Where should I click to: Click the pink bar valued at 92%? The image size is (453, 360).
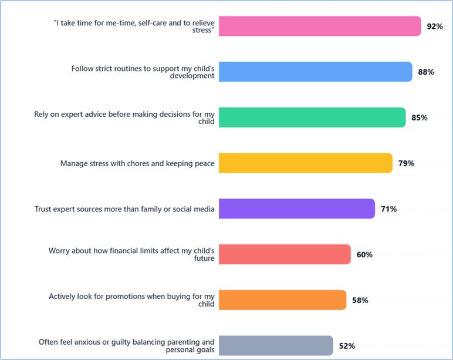[x=320, y=26]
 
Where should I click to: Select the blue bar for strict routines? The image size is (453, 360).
[x=316, y=72]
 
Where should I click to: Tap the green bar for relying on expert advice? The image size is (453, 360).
[x=312, y=117]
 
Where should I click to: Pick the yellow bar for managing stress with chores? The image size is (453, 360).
[x=306, y=163]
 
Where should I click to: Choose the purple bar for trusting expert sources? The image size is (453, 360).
[x=297, y=208]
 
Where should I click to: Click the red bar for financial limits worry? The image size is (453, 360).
[x=285, y=254]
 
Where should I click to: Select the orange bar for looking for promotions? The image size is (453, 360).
[x=282, y=300]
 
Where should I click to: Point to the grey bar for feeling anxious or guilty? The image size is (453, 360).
[x=276, y=345]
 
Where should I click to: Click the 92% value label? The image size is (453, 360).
[x=435, y=26]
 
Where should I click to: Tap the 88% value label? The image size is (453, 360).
[x=426, y=72]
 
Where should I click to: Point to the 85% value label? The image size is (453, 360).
[x=420, y=117]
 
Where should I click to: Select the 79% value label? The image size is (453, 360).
[x=406, y=163]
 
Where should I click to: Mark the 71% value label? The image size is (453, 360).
[x=388, y=209]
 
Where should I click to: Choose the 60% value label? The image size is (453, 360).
[x=364, y=255]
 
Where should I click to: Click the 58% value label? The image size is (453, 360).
[x=360, y=300]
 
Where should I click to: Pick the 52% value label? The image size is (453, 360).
[x=347, y=346]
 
